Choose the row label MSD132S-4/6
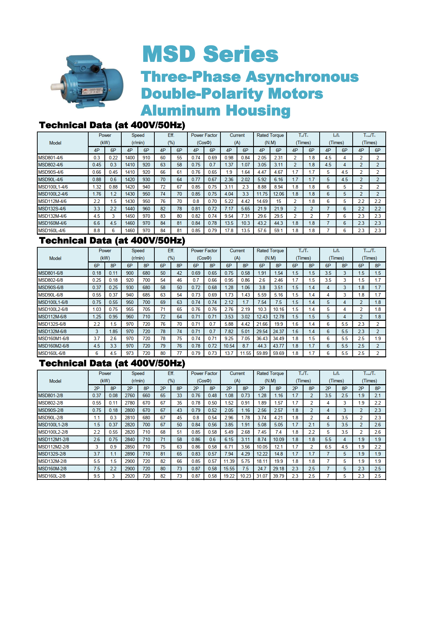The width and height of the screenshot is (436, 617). [x=52, y=209]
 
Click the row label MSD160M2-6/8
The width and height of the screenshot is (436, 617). [x=53, y=346]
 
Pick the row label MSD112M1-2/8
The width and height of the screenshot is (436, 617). [x=53, y=440]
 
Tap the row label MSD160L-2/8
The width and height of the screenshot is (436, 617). [x=52, y=476]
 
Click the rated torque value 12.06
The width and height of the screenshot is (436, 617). [x=278, y=194]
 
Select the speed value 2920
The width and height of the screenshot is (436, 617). [x=130, y=476]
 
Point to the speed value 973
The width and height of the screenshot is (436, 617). [x=130, y=354]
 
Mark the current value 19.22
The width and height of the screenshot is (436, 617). [x=229, y=476]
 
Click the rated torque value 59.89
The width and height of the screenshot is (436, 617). [x=262, y=354]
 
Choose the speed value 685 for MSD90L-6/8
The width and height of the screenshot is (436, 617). [x=146, y=295]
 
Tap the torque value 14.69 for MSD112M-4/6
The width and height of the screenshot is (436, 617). [x=262, y=202]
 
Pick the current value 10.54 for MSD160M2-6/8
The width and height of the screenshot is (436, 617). [x=229, y=346]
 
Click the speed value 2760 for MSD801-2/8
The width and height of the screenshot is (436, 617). [x=130, y=396]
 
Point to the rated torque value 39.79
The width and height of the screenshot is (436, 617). [x=278, y=476]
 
